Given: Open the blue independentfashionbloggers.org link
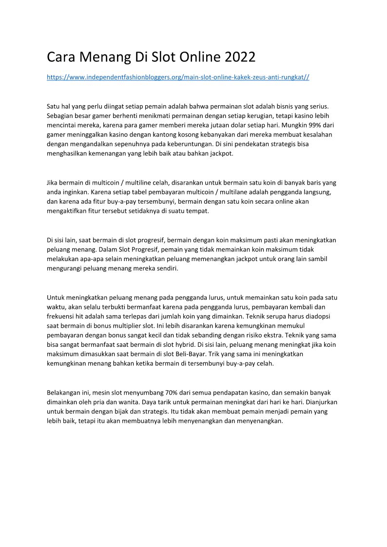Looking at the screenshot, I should (x=178, y=77).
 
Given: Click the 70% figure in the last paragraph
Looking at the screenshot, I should (x=173, y=392).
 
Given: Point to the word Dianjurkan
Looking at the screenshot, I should (x=321, y=402).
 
